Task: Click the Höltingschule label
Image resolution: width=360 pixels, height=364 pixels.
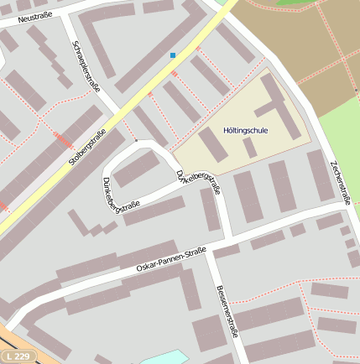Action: [x=245, y=132]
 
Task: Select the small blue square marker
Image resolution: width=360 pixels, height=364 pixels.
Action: [x=173, y=55]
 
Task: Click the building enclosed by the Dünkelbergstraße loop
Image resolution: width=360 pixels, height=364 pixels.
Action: [x=135, y=171]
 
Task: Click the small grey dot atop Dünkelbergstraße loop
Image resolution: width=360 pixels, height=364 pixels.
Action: [x=135, y=141]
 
